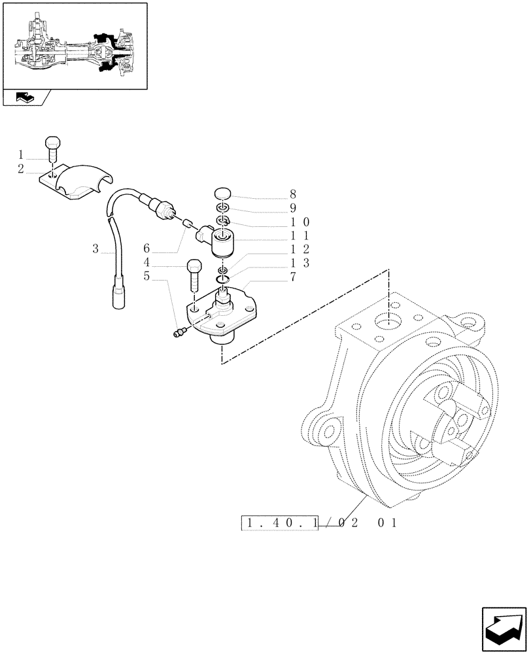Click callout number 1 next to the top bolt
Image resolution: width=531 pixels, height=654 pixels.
coord(21,155)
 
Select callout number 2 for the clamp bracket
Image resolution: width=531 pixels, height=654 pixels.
coord(21,169)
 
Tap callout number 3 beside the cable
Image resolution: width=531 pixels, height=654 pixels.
coord(95,249)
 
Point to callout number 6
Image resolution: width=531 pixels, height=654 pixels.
coord(147,249)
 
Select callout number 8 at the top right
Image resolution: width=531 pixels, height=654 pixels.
coord(292,194)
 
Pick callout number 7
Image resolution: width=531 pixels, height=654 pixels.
coord(292,277)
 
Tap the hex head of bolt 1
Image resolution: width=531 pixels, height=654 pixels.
coord(53,141)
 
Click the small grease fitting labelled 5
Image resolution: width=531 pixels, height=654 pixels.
coord(178,334)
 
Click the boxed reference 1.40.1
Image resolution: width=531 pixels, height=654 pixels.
coord(281,523)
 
